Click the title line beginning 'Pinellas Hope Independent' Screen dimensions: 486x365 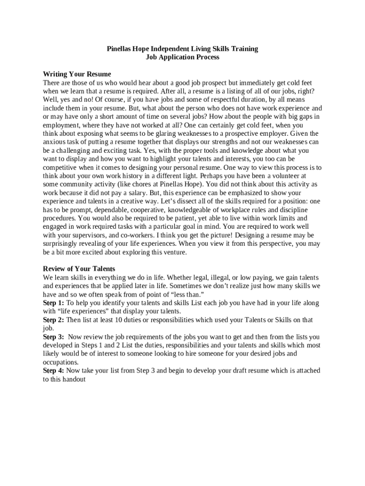coord(182,49)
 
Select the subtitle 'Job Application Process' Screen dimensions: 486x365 coord(182,57)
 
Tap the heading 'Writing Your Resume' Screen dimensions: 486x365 coord(77,74)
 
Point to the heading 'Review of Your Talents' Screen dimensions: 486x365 coord(79,269)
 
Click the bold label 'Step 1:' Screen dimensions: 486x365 coord(54,303)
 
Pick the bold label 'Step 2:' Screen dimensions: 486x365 coord(54,320)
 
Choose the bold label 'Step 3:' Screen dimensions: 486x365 coord(54,337)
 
